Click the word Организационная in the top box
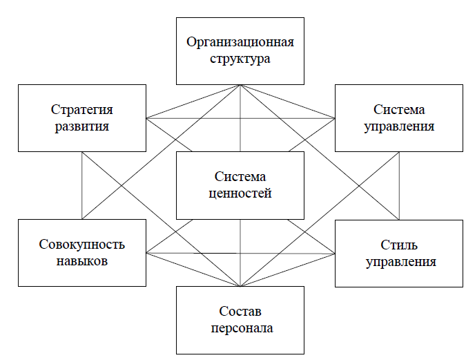(240, 42)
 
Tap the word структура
(240, 58)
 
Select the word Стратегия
(81, 110)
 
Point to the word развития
(81, 126)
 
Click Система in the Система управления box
(399, 110)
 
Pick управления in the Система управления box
(399, 126)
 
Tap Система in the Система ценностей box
(240, 178)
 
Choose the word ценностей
(240, 193)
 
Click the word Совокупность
(81, 245)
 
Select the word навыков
(81, 262)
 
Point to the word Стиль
(399, 245)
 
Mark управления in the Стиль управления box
(399, 262)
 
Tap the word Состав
(240, 312)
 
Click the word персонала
(240, 328)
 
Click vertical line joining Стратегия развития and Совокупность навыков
(82, 185)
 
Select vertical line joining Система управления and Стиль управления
(399, 185)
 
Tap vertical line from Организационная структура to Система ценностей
(240, 117)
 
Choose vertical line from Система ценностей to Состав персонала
(240, 252)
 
